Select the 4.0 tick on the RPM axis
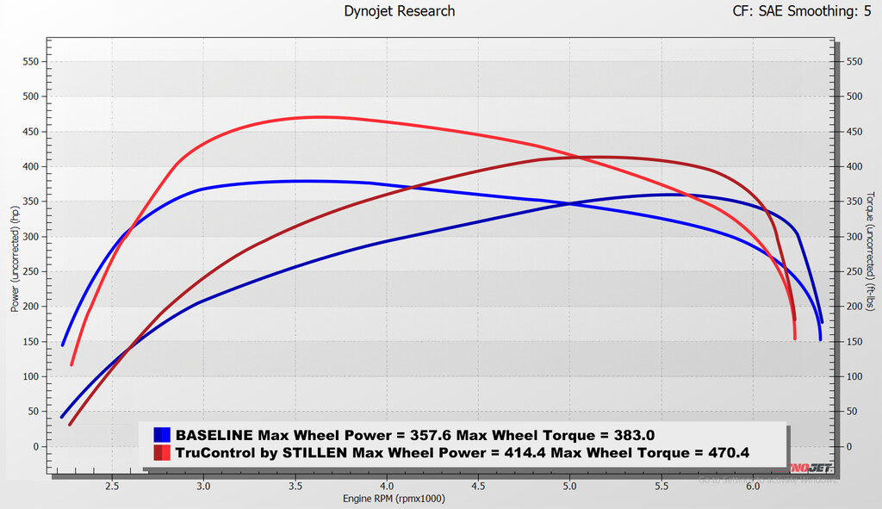pyautogui.click(x=387, y=484)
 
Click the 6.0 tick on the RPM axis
pyautogui.click(x=753, y=484)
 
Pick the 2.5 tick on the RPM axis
pyautogui.click(x=112, y=484)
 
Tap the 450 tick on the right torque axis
pyautogui.click(x=854, y=132)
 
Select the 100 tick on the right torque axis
pyautogui.click(x=854, y=377)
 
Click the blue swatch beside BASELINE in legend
pyautogui.click(x=161, y=435)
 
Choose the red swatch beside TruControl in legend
pyautogui.click(x=161, y=452)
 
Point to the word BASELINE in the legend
pyautogui.click(x=213, y=435)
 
